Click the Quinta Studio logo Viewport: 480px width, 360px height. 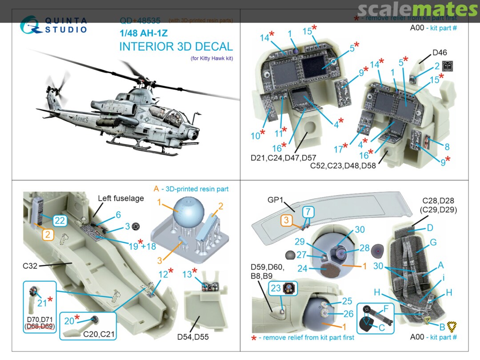click(53, 25)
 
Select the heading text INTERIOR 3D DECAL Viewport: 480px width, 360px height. click(176, 47)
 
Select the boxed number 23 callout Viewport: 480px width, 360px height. click(276, 288)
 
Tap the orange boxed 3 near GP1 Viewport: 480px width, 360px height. click(287, 220)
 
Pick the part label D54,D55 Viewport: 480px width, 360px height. click(193, 337)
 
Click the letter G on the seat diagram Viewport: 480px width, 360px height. click(433, 243)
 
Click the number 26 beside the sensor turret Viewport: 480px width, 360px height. click(348, 314)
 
